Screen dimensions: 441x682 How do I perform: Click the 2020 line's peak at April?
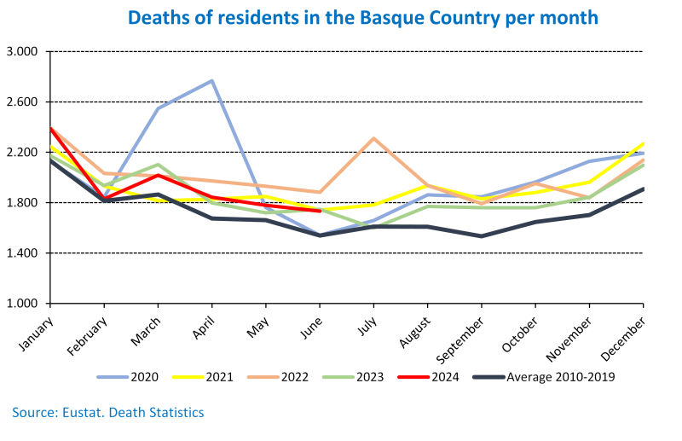211,81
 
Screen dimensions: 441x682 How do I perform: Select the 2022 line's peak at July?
373,138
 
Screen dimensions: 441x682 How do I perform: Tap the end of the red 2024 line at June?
320,211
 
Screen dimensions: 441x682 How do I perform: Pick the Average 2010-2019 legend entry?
546,375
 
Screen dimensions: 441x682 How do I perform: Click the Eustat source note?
108,413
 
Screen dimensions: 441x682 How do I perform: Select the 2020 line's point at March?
158,108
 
